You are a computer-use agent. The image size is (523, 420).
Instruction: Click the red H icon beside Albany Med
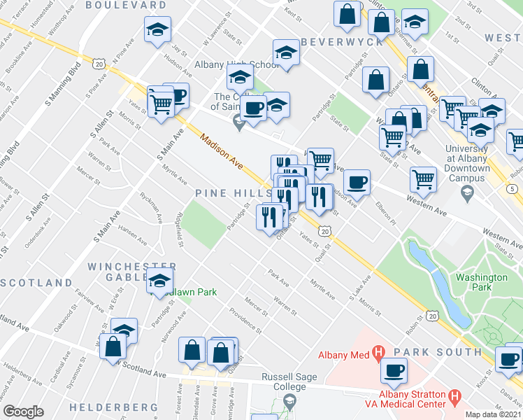(378, 354)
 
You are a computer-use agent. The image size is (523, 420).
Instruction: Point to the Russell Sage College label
(289, 382)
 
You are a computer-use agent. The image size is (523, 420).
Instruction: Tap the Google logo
(23, 412)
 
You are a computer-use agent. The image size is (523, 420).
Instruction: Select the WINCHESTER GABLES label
(132, 273)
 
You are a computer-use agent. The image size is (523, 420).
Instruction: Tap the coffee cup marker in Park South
(394, 370)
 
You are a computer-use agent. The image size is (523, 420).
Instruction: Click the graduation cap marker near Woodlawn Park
(160, 281)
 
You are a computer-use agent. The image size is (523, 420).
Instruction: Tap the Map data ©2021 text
(493, 414)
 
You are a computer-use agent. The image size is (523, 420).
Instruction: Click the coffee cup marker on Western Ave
(357, 181)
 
